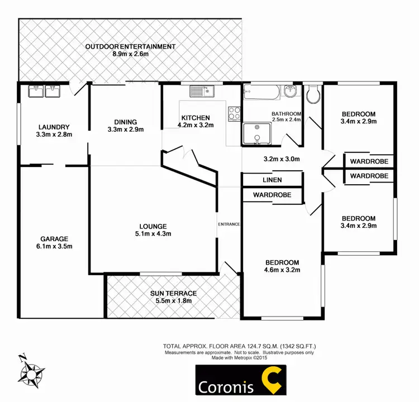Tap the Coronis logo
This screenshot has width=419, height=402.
tap(240, 381)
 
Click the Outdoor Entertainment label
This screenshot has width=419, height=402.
tap(130, 46)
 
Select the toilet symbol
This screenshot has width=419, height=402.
tap(313, 93)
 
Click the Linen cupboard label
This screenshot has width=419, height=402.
tap(272, 180)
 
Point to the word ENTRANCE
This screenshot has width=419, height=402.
tap(229, 224)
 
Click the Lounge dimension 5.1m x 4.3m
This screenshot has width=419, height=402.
tap(153, 234)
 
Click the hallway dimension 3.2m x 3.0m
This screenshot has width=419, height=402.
tap(282, 159)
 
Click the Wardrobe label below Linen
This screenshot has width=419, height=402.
tap(272, 195)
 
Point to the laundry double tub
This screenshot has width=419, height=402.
tap(44, 90)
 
